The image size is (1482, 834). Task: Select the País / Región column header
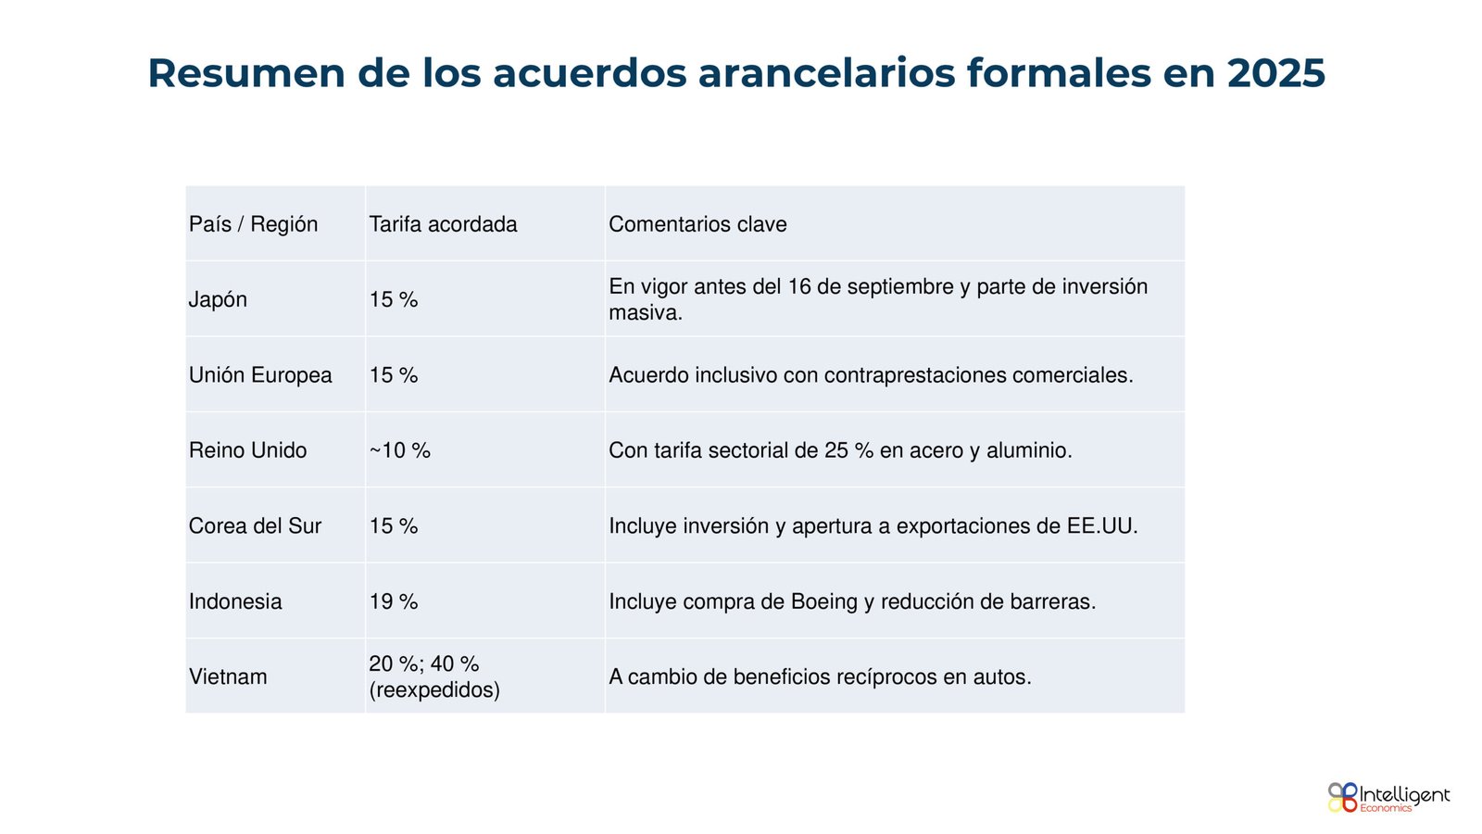(253, 224)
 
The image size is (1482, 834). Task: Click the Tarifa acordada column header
(443, 224)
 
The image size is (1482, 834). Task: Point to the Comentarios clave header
(697, 224)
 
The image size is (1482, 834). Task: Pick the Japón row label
(218, 300)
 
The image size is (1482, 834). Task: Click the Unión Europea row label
(260, 375)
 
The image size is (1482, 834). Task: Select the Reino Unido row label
(247, 450)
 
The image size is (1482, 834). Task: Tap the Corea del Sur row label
(255, 526)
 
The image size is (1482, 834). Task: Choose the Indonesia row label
(235, 601)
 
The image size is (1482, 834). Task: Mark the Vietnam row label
(228, 676)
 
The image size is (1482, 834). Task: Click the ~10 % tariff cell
(399, 450)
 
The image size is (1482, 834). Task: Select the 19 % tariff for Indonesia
(394, 601)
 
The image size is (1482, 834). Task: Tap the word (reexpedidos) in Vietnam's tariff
(434, 690)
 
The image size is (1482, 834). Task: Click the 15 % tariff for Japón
(394, 300)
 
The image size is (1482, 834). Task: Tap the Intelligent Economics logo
(1388, 797)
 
